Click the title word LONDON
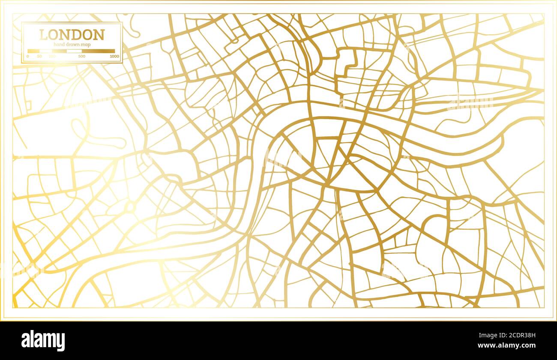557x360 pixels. (x=72, y=35)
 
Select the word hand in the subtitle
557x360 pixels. (x=59, y=45)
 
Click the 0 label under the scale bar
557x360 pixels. (x=28, y=56)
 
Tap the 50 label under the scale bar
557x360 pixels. (x=39, y=56)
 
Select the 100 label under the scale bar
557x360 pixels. (x=52, y=56)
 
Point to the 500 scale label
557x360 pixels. (x=82, y=56)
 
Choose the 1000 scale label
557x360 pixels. (x=114, y=56)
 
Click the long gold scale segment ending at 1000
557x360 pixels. (x=98, y=51)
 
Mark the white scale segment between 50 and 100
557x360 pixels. (x=46, y=51)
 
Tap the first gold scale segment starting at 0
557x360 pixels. (x=33, y=51)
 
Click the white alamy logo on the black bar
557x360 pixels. (x=43, y=341)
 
